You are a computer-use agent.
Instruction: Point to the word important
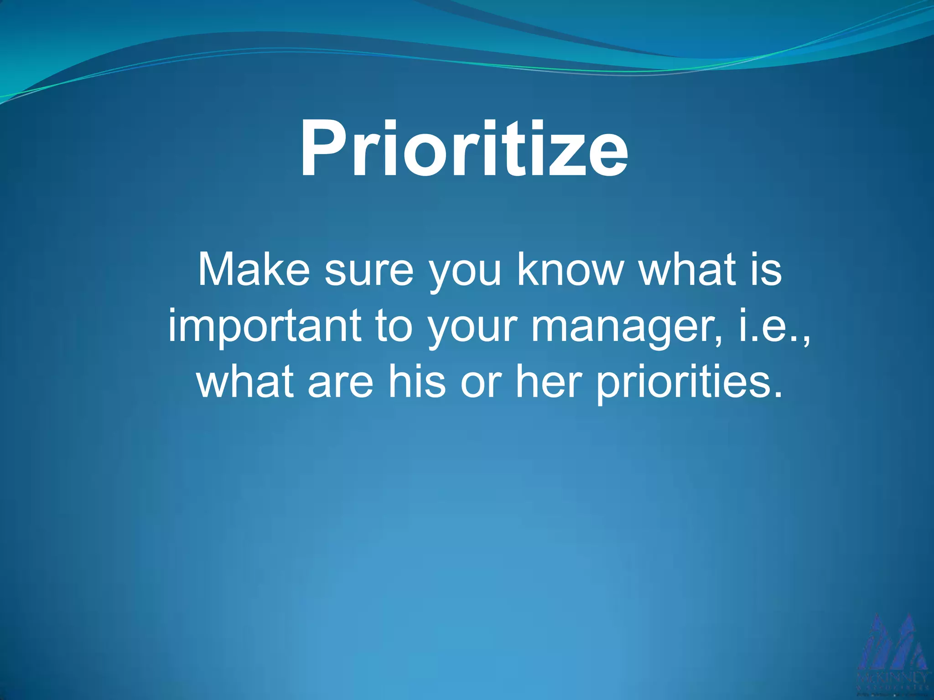[x=265, y=326]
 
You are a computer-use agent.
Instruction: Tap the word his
[x=416, y=381]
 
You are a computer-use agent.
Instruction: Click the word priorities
[x=689, y=382]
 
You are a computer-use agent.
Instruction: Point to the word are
[x=340, y=381]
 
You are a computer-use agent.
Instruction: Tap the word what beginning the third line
[x=244, y=381]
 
